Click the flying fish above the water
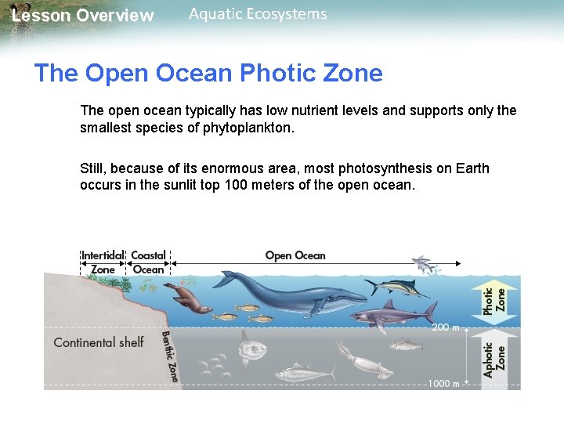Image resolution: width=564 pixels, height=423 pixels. point(424,264)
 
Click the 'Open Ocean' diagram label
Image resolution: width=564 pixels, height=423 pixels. point(295,255)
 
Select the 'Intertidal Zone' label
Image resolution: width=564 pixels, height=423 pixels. point(103,262)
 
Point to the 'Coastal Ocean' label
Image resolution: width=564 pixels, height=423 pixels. point(148,262)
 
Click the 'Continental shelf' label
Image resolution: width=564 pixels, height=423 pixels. point(99,342)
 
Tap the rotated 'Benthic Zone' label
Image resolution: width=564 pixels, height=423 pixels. point(170,356)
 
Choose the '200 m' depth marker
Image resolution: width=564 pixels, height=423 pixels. point(445,327)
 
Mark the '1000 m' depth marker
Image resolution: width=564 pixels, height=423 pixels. point(443,384)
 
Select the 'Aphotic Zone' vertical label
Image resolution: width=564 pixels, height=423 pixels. point(493,360)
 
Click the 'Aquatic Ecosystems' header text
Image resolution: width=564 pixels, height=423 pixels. point(258,14)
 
